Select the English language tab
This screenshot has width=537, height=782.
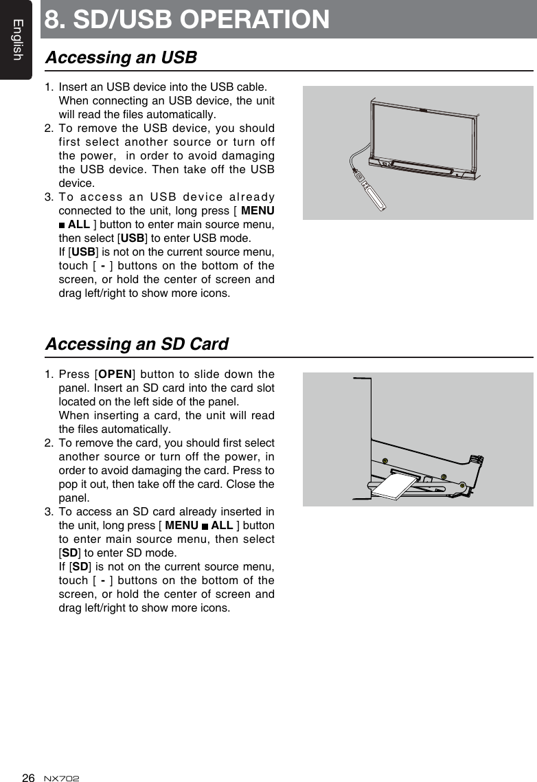tap(16, 40)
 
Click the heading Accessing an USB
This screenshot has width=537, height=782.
tap(121, 58)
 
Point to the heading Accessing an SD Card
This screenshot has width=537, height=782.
tap(137, 344)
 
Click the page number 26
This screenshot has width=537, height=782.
tap(28, 777)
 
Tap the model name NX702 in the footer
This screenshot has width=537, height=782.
tap(61, 778)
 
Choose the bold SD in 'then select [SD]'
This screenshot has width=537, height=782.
tap(69, 553)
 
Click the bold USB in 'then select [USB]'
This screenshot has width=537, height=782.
tap(130, 238)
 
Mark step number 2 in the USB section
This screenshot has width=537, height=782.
tap(49, 129)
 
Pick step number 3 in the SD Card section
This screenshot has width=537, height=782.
tap(49, 512)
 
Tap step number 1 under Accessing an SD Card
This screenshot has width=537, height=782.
tap(49, 375)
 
